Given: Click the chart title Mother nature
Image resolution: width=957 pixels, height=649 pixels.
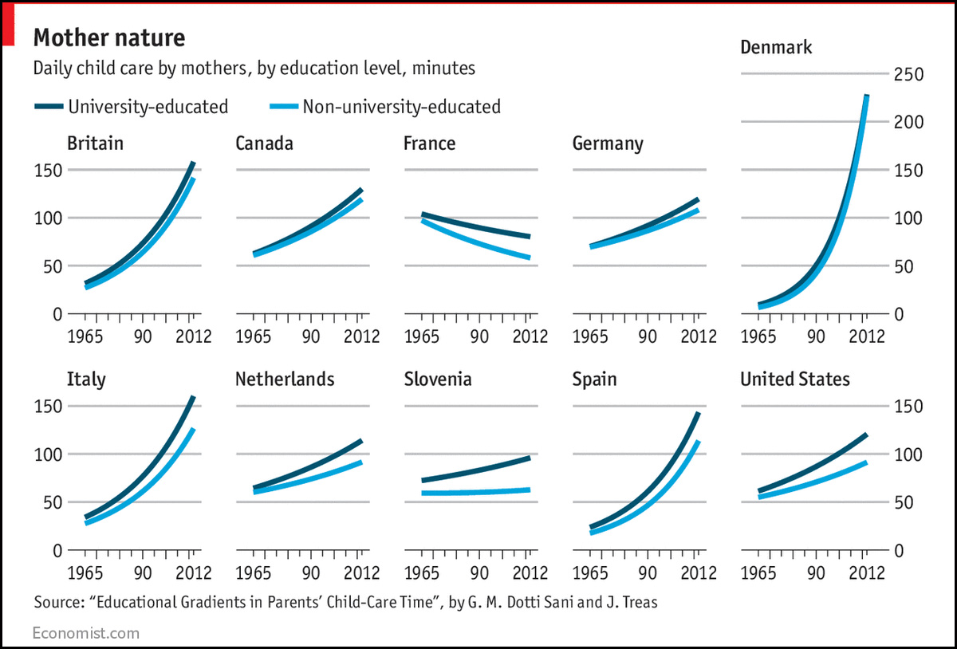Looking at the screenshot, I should [x=109, y=37].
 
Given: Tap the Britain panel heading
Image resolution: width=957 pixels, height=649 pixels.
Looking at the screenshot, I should [x=96, y=144].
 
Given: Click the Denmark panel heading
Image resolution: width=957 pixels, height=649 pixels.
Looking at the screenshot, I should [x=776, y=47].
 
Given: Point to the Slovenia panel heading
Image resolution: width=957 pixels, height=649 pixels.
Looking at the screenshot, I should [x=437, y=379].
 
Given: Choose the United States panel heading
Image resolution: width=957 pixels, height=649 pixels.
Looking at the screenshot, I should [x=795, y=379].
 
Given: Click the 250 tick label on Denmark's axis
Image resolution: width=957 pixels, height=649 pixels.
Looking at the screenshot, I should [x=908, y=74].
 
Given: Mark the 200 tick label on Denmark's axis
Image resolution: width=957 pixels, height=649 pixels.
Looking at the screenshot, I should [x=908, y=122].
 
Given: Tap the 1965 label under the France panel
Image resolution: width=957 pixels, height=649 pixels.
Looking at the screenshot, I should [x=423, y=334].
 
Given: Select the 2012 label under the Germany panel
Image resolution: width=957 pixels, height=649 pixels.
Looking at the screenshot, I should [x=699, y=334].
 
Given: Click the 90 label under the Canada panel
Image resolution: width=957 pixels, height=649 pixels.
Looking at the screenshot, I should [x=310, y=334].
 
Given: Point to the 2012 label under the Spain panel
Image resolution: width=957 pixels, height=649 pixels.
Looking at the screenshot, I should [x=699, y=572].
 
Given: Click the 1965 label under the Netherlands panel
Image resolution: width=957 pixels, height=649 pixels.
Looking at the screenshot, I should [x=254, y=572].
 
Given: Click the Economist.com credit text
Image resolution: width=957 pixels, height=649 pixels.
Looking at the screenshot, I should [x=85, y=633].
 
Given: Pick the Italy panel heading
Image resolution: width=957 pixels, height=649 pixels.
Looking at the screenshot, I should [x=86, y=379].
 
